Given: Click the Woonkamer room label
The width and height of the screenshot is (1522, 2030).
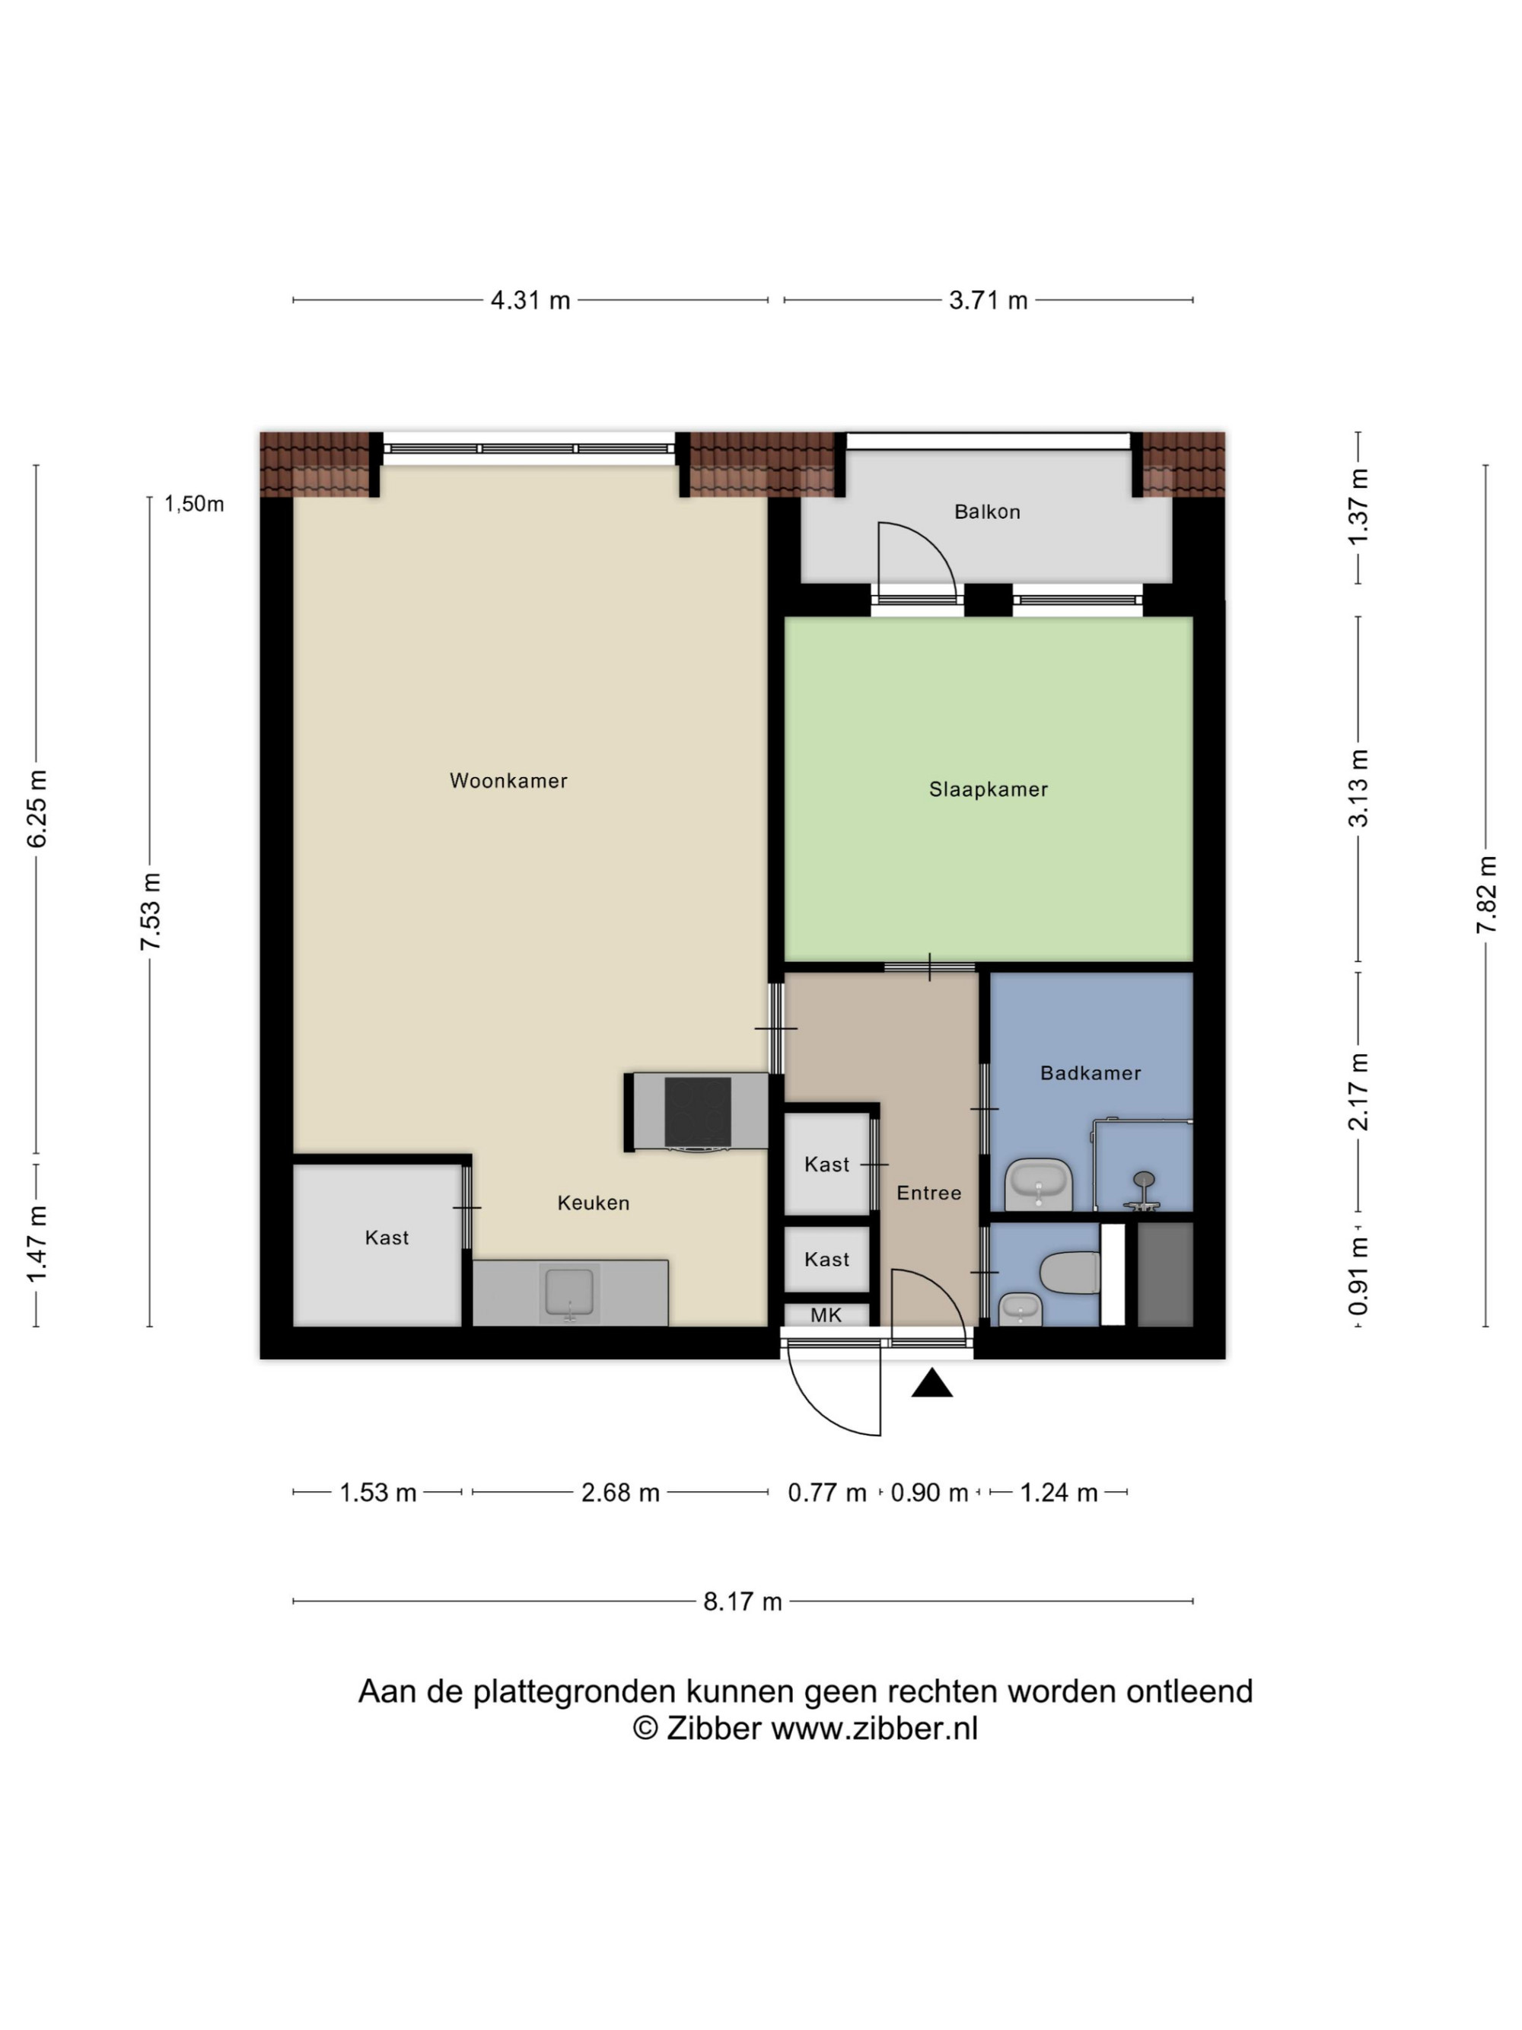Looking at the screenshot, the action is pyautogui.click(x=508, y=781).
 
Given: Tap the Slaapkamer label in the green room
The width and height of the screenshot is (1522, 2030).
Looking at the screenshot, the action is pyautogui.click(x=988, y=789).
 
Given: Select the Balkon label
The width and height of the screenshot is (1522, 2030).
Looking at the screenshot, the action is pyautogui.click(x=987, y=512).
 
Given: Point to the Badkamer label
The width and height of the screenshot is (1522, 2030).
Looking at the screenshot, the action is pyautogui.click(x=1090, y=1072).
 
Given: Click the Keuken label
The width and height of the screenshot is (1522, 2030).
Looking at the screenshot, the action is pyautogui.click(x=594, y=1203).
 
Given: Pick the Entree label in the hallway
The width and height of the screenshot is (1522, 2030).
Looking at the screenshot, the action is pyautogui.click(x=928, y=1193).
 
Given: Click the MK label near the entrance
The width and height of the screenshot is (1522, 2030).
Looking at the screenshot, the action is pyautogui.click(x=826, y=1315).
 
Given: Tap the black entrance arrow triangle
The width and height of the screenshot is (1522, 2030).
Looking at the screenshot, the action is pyautogui.click(x=931, y=1383).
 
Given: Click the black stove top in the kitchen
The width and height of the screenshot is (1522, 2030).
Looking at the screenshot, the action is pyautogui.click(x=697, y=1112).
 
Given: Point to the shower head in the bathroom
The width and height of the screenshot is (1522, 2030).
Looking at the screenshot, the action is pyautogui.click(x=1143, y=1179).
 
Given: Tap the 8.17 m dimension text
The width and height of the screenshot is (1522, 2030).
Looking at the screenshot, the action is pyautogui.click(x=742, y=1601).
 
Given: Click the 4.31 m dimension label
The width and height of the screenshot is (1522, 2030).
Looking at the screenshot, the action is pyautogui.click(x=530, y=300).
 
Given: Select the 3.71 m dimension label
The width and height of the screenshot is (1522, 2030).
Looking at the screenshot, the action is pyautogui.click(x=988, y=300).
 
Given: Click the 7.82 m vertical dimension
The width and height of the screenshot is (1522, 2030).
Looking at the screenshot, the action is pyautogui.click(x=1486, y=895).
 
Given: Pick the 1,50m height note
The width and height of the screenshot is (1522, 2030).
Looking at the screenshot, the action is pyautogui.click(x=193, y=504).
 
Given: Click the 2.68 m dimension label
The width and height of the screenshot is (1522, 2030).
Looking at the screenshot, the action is pyautogui.click(x=620, y=1493).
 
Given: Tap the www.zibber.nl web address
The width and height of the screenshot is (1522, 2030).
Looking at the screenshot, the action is pyautogui.click(x=874, y=1728).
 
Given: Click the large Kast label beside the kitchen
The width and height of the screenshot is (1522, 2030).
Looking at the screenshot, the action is pyautogui.click(x=387, y=1238).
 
